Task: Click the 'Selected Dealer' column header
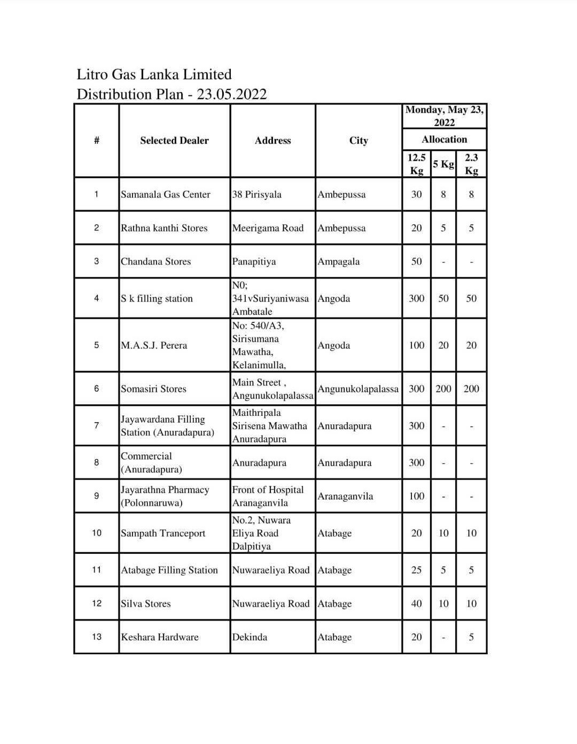[174, 141]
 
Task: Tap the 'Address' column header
[272, 141]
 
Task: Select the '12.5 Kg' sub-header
[416, 164]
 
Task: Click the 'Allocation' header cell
[444, 139]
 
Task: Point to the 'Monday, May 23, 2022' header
[444, 116]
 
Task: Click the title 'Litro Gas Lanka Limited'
[154, 74]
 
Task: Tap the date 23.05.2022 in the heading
[231, 95]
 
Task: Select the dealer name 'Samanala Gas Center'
[166, 195]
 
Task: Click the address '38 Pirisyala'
[256, 195]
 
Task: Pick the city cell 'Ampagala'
[339, 262]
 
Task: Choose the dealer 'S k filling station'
[157, 299]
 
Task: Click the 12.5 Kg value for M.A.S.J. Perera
[416, 345]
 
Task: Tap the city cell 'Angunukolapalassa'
[358, 389]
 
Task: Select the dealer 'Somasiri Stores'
[153, 389]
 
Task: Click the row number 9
[96, 496]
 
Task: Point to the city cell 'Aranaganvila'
[345, 497]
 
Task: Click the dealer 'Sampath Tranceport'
[163, 533]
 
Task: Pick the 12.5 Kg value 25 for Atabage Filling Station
[416, 570]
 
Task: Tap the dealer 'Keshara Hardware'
[160, 637]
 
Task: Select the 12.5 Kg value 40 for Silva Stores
[416, 604]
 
